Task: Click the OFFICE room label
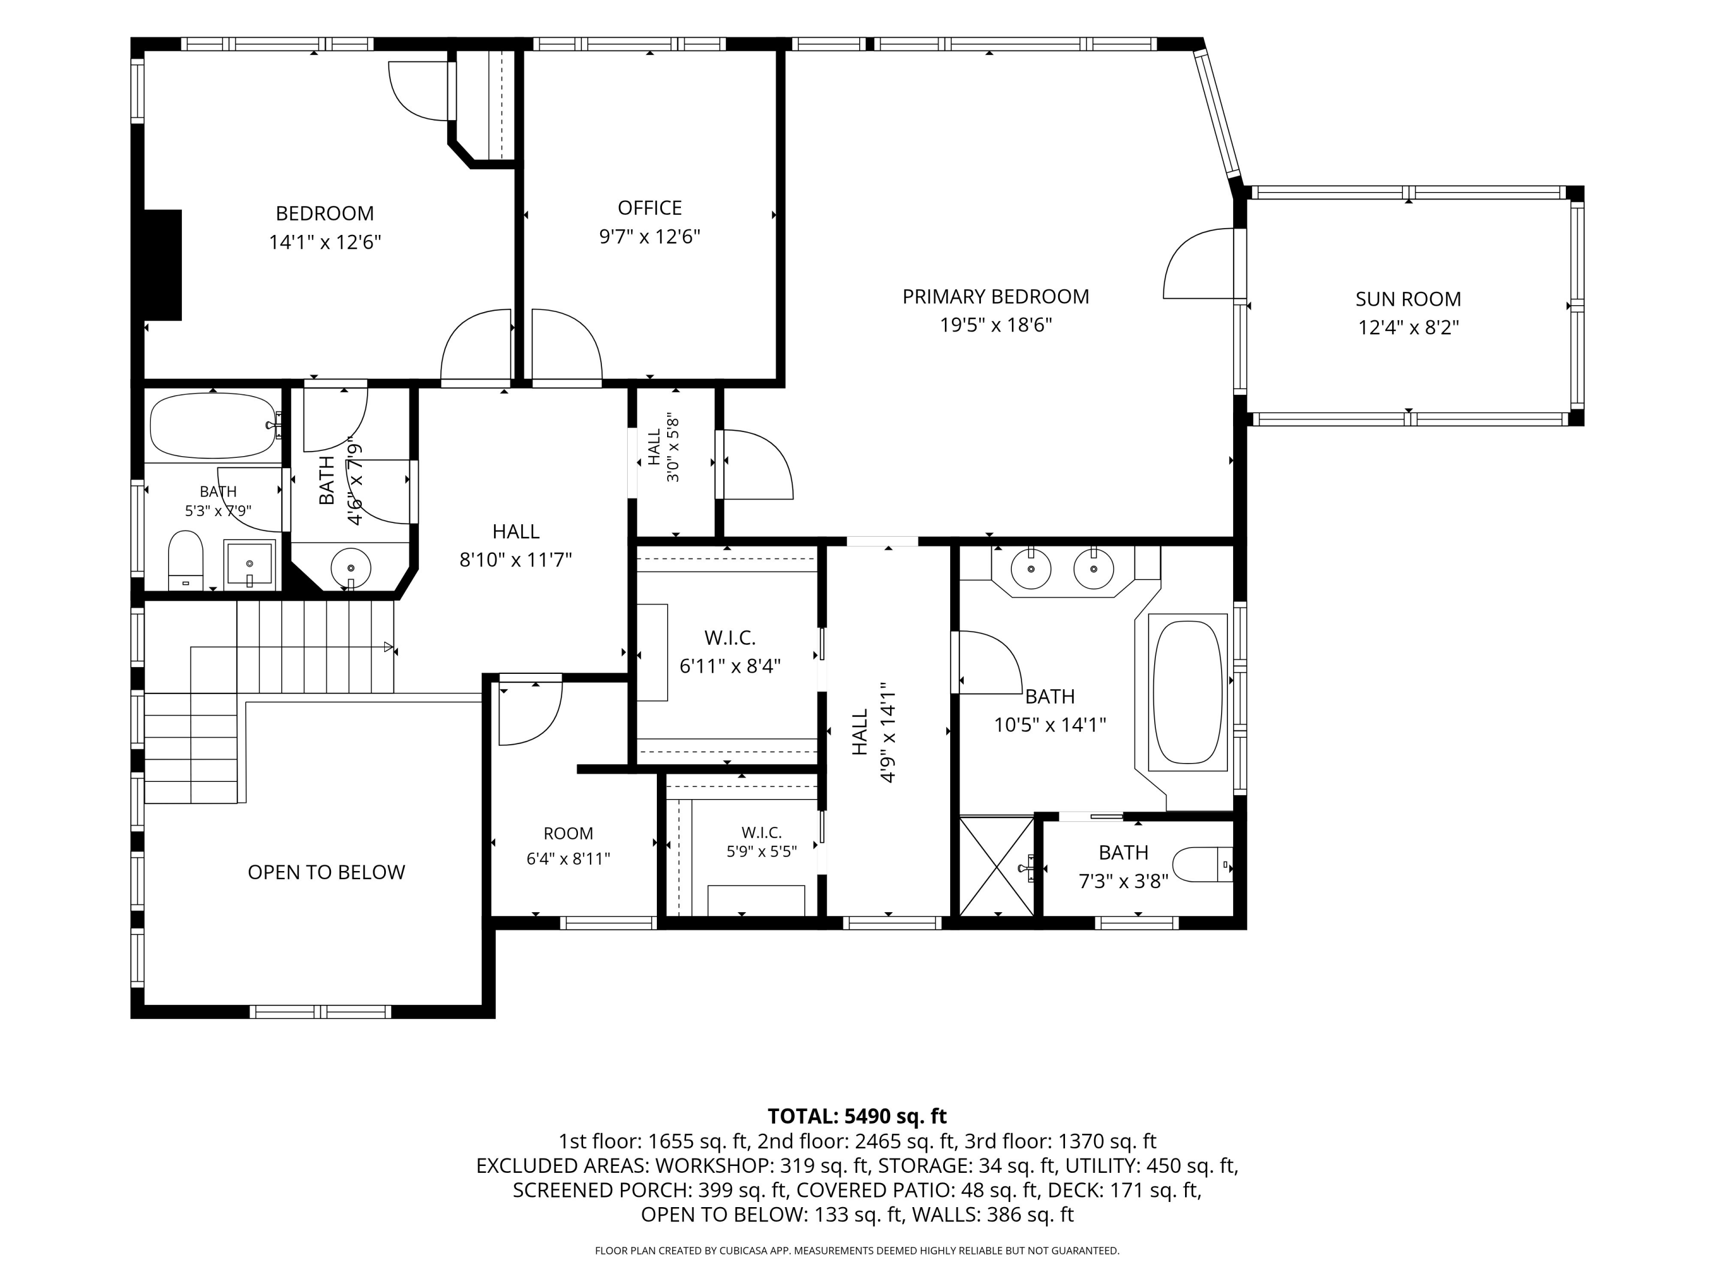650,207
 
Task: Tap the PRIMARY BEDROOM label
995,296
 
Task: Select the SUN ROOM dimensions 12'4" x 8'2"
1408,327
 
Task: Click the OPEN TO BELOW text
326,872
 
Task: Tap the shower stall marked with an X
997,865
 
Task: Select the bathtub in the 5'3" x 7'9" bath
214,426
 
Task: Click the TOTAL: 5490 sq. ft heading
857,1116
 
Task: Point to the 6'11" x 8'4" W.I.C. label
729,652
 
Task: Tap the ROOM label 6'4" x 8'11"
568,846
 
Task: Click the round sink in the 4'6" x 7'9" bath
350,568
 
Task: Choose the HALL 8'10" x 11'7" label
516,546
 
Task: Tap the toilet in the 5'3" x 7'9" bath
185,560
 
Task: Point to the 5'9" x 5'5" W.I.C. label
761,842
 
